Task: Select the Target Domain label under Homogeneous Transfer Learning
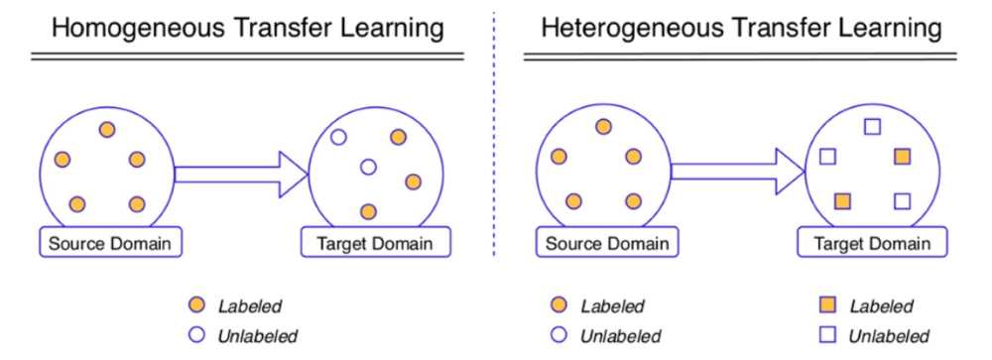tap(375, 243)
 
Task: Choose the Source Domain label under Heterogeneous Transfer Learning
tap(602, 243)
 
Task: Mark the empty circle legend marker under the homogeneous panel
tap(197, 335)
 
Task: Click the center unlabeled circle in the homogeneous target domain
tap(368, 168)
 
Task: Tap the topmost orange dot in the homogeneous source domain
tap(106, 129)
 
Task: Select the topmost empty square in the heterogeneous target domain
tap(873, 126)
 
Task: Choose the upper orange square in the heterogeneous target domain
tap(902, 157)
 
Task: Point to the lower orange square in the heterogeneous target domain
tap(842, 201)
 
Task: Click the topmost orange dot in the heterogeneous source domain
tap(602, 126)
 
